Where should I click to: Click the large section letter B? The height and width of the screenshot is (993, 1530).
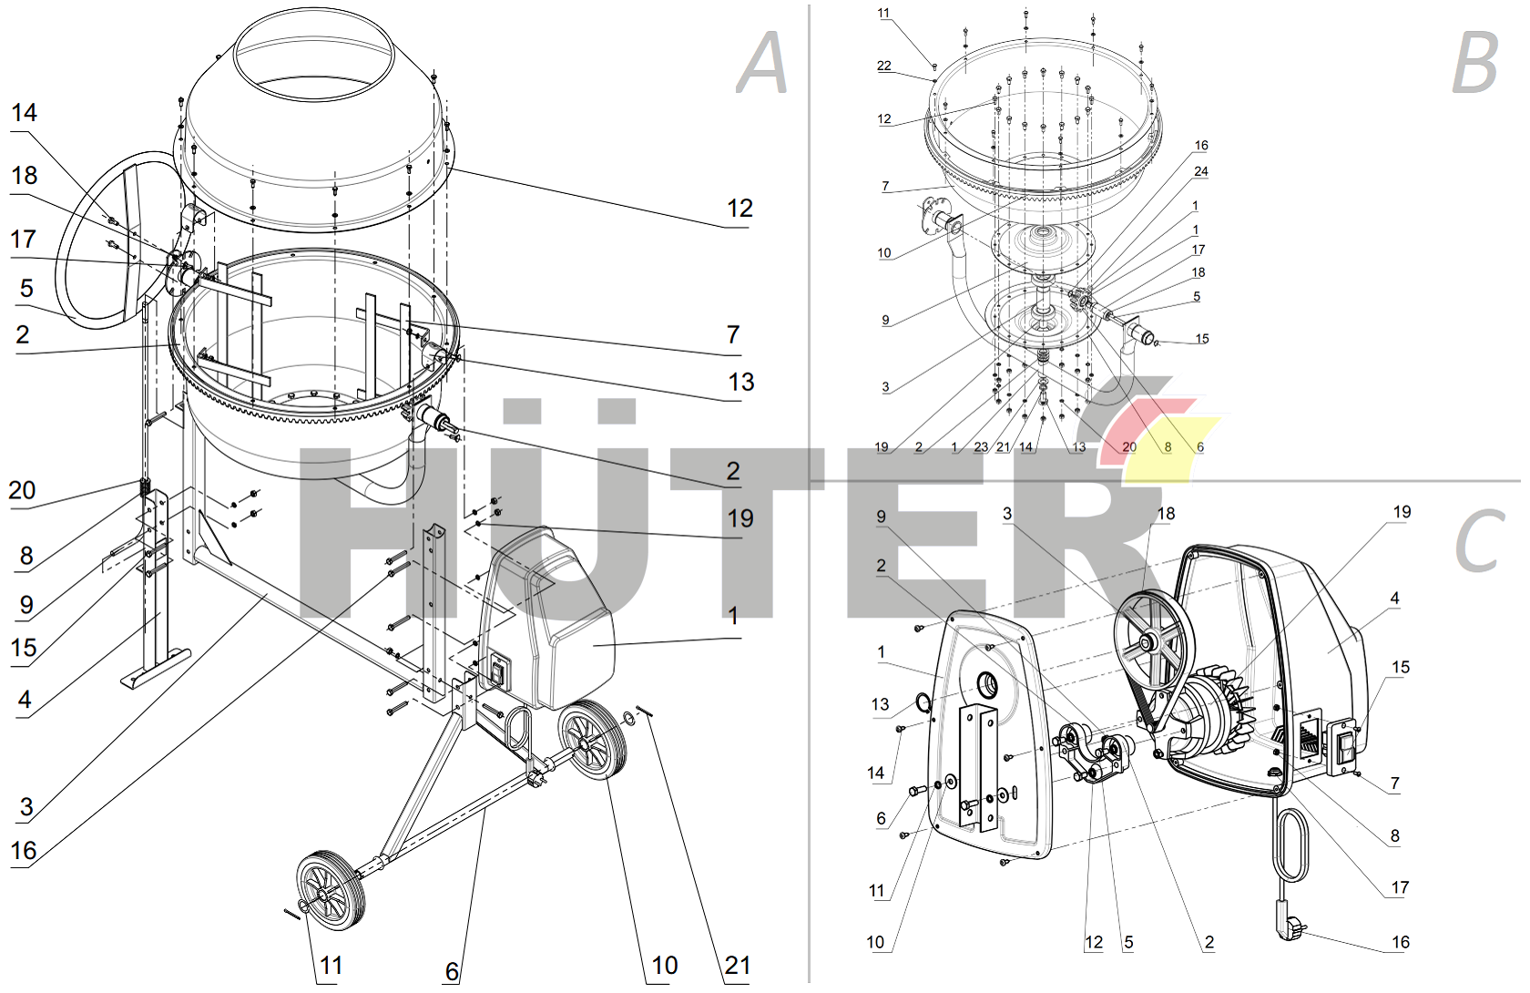pyautogui.click(x=1474, y=62)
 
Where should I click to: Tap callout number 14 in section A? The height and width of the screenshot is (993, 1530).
pyautogui.click(x=24, y=113)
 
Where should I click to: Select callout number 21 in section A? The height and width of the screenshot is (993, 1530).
pyautogui.click(x=738, y=966)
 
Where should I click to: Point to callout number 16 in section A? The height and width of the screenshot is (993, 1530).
pyautogui.click(x=24, y=851)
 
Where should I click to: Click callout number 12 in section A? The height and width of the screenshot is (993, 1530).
pyautogui.click(x=739, y=209)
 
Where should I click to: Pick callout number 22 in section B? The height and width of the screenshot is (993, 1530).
pyautogui.click(x=884, y=66)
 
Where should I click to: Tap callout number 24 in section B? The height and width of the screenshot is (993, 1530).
pyautogui.click(x=1201, y=171)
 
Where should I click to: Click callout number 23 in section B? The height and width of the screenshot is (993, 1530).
pyautogui.click(x=981, y=447)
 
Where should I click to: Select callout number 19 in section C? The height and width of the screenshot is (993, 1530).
pyautogui.click(x=1402, y=512)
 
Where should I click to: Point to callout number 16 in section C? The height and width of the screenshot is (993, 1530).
pyautogui.click(x=1401, y=942)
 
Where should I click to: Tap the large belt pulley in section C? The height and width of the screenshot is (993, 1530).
pyautogui.click(x=1150, y=640)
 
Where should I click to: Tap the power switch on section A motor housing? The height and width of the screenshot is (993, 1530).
pyautogui.click(x=497, y=672)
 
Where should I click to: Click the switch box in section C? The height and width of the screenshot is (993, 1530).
pyautogui.click(x=1342, y=744)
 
